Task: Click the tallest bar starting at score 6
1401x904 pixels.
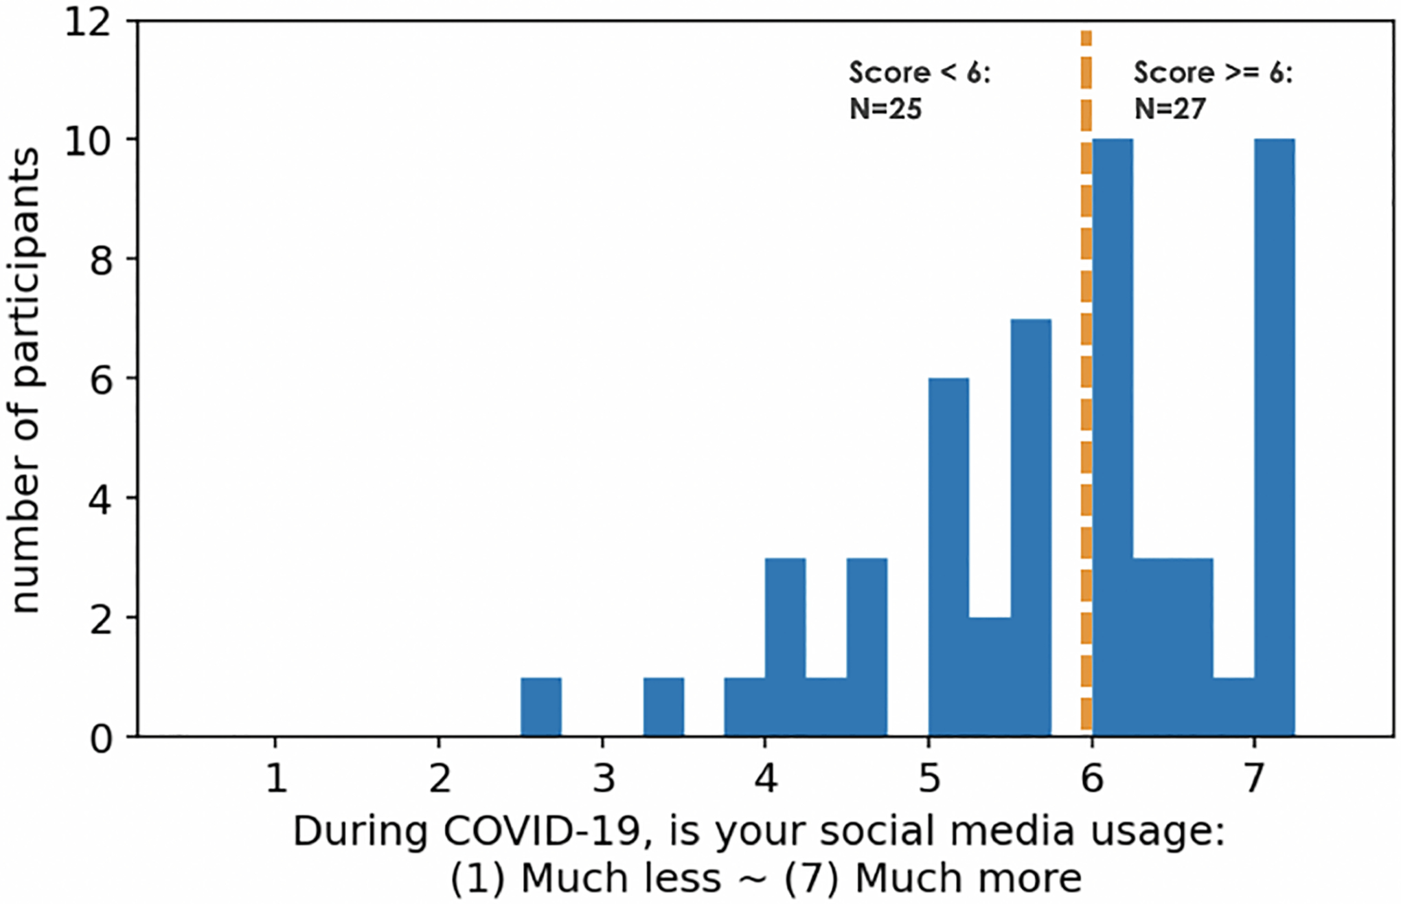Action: [1112, 438]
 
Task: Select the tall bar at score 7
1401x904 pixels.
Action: [1274, 438]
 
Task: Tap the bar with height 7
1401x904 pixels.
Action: [1031, 528]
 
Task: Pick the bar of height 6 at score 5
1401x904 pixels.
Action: [948, 557]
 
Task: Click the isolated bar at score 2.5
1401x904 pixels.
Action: [540, 707]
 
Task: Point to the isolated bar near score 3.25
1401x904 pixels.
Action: [663, 707]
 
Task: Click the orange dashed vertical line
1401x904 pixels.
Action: [1086, 385]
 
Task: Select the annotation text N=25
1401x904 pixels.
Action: [885, 109]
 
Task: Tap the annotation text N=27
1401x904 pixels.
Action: [1170, 109]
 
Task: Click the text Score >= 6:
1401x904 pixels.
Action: [1213, 73]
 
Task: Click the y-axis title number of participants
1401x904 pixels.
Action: [26, 380]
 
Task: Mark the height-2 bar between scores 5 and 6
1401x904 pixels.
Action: [990, 677]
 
